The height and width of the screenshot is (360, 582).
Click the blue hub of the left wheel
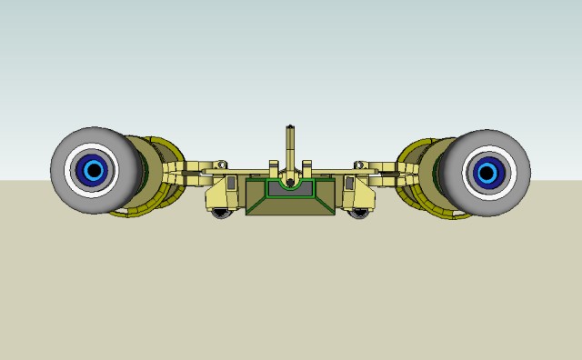tap(92, 169)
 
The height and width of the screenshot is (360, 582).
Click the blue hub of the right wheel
tap(487, 171)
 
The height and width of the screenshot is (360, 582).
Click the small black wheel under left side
tap(222, 214)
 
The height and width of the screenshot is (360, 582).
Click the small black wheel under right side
tap(360, 214)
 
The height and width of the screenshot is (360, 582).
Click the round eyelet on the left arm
tap(219, 165)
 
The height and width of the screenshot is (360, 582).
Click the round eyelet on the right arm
tap(361, 165)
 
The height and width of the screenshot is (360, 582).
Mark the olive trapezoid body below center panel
tap(290, 208)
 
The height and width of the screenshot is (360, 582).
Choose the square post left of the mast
tap(273, 166)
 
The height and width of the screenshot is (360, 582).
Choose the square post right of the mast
tap(307, 166)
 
